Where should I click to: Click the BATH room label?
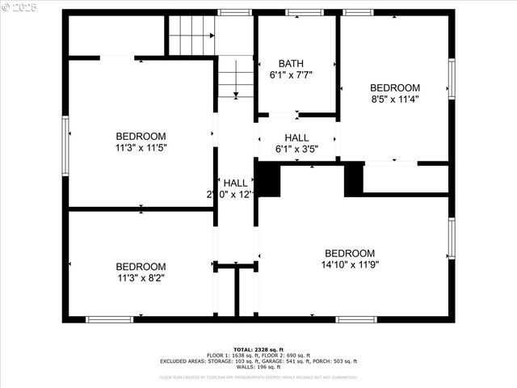coord(291,63)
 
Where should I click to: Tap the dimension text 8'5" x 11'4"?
coord(395,99)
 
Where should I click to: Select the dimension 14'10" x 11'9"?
coord(350,264)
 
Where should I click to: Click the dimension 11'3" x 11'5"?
coord(141,147)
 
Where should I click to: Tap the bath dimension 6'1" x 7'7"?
coord(291,74)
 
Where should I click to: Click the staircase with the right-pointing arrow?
coord(191,36)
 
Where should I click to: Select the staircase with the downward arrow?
coord(235,77)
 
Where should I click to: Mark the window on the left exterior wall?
coord(66,138)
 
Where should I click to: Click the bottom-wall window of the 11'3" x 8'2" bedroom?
coord(109,319)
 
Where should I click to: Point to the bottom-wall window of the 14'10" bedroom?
coord(356,319)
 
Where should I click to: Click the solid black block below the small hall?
coord(269,179)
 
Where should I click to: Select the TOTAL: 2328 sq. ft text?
coord(258,348)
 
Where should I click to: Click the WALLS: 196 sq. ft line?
coord(258,368)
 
